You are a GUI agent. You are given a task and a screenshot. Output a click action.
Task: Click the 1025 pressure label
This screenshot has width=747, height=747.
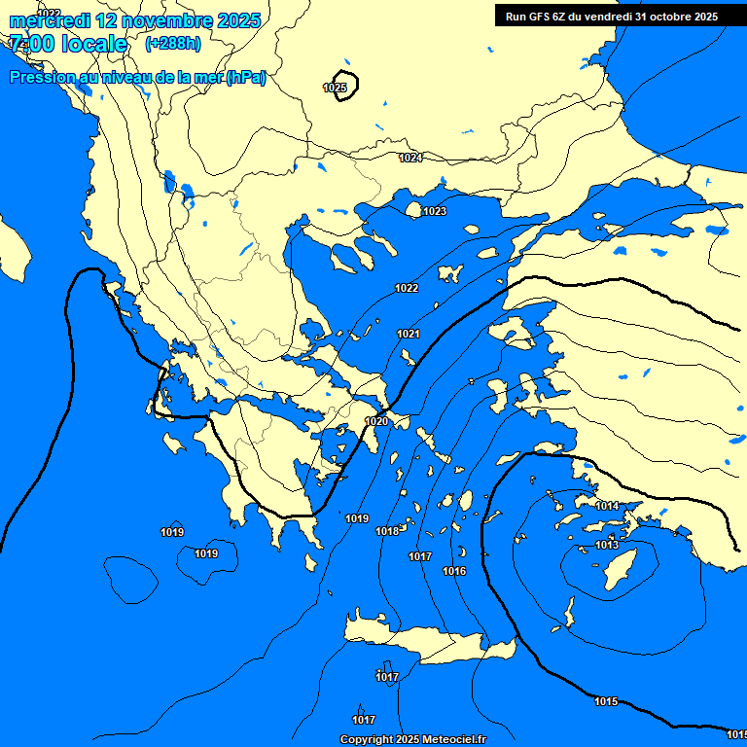[334, 89]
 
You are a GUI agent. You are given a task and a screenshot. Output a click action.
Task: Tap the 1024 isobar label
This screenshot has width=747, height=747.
[410, 158]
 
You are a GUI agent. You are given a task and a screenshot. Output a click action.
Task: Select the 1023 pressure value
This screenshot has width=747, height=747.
[435, 212]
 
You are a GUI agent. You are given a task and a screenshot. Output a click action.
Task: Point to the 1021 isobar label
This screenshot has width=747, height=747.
[409, 335]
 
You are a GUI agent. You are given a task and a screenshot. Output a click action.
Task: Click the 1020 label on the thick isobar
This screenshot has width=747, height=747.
[376, 421]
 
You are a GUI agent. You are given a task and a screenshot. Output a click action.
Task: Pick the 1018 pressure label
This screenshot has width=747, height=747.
[387, 532]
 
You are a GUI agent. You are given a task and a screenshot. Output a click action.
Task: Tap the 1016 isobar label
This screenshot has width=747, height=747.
[454, 572]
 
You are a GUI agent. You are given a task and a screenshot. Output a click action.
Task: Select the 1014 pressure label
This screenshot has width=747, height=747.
[607, 507]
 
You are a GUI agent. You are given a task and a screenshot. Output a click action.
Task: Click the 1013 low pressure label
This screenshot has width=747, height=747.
[607, 546]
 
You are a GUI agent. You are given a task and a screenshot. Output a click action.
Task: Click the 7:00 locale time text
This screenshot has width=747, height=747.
[68, 44]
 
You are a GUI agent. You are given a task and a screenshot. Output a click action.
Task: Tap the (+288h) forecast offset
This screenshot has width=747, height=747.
[173, 44]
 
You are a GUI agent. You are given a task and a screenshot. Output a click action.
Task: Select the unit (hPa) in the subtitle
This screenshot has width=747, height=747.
[245, 78]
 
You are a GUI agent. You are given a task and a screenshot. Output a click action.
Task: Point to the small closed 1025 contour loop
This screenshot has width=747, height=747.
[345, 85]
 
